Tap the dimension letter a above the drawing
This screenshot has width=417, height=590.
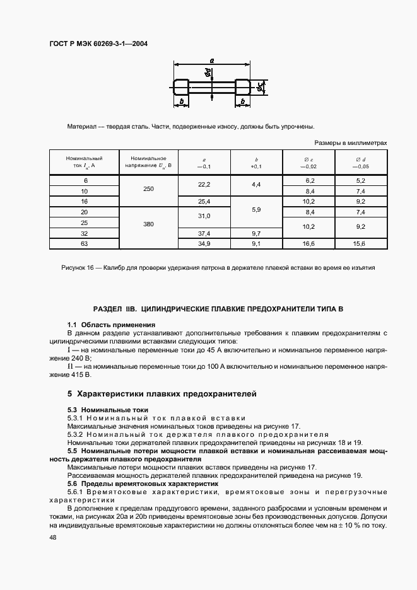click(x=211, y=61)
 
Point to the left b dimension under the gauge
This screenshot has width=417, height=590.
click(x=181, y=101)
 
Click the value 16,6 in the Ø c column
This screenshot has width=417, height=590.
click(x=309, y=243)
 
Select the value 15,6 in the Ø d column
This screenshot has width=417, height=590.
click(x=360, y=243)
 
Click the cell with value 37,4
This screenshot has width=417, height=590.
click(x=204, y=233)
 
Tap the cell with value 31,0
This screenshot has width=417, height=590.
click(x=204, y=216)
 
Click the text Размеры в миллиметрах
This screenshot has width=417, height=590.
click(x=350, y=143)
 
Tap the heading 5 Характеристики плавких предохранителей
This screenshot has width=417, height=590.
click(x=162, y=394)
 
